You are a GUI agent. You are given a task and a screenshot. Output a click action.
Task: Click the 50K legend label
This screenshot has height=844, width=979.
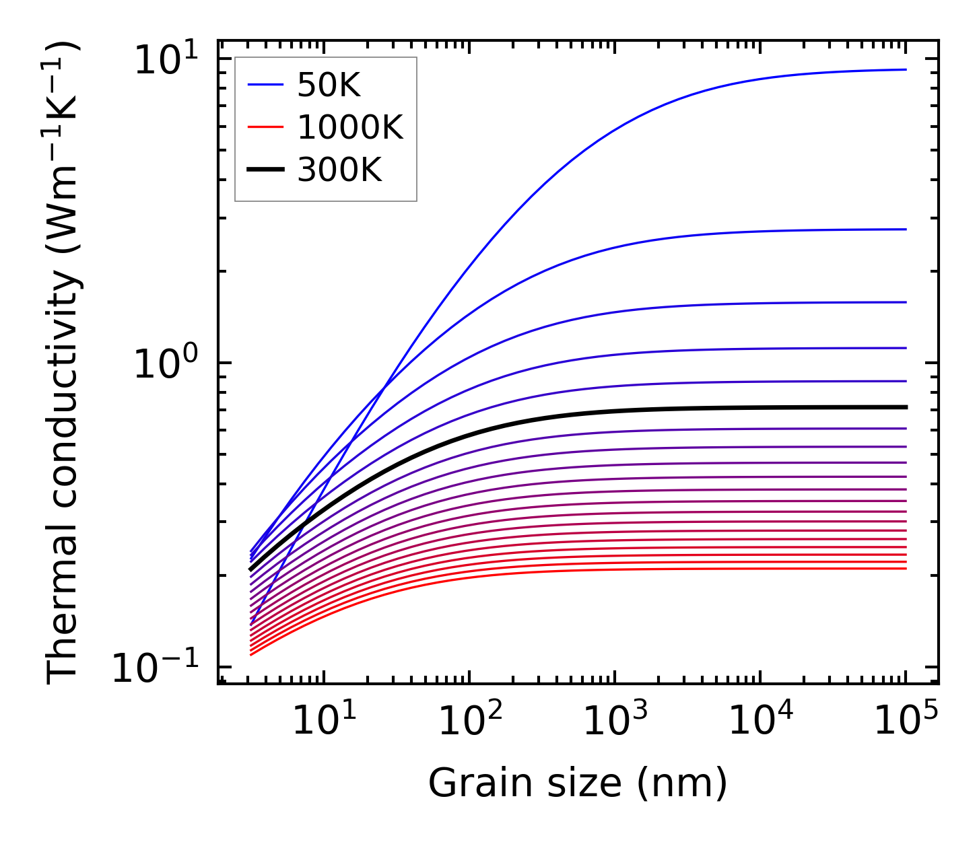click(329, 85)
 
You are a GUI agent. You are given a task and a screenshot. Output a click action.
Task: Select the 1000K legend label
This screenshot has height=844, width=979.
click(350, 128)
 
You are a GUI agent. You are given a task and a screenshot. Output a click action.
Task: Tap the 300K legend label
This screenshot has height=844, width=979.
click(339, 171)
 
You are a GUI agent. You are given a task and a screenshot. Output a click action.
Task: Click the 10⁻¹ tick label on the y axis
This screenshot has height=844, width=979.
click(156, 668)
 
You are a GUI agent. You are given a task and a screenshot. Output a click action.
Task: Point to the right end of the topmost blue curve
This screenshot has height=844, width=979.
click(906, 69)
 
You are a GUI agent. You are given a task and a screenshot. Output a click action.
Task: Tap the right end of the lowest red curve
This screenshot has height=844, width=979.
click(906, 569)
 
